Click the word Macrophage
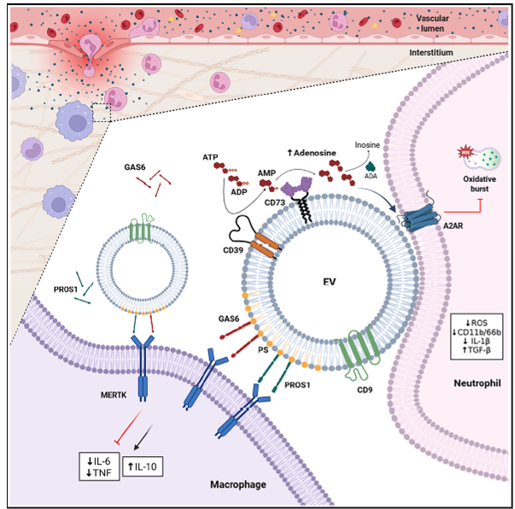[x=236, y=485]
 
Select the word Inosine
[x=367, y=146]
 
